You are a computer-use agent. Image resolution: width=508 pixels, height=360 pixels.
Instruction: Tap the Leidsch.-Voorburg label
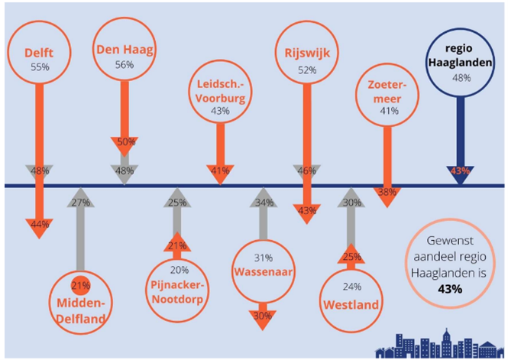click(220, 91)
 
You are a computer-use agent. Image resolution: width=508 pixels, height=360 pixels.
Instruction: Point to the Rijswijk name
click(307, 53)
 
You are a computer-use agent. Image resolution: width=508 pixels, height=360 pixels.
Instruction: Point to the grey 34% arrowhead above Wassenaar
click(264, 203)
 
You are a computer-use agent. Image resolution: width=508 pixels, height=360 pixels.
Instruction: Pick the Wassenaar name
click(263, 271)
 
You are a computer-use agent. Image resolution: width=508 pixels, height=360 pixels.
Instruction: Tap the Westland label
click(351, 305)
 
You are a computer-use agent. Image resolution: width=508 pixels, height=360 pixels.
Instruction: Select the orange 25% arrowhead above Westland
click(351, 255)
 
